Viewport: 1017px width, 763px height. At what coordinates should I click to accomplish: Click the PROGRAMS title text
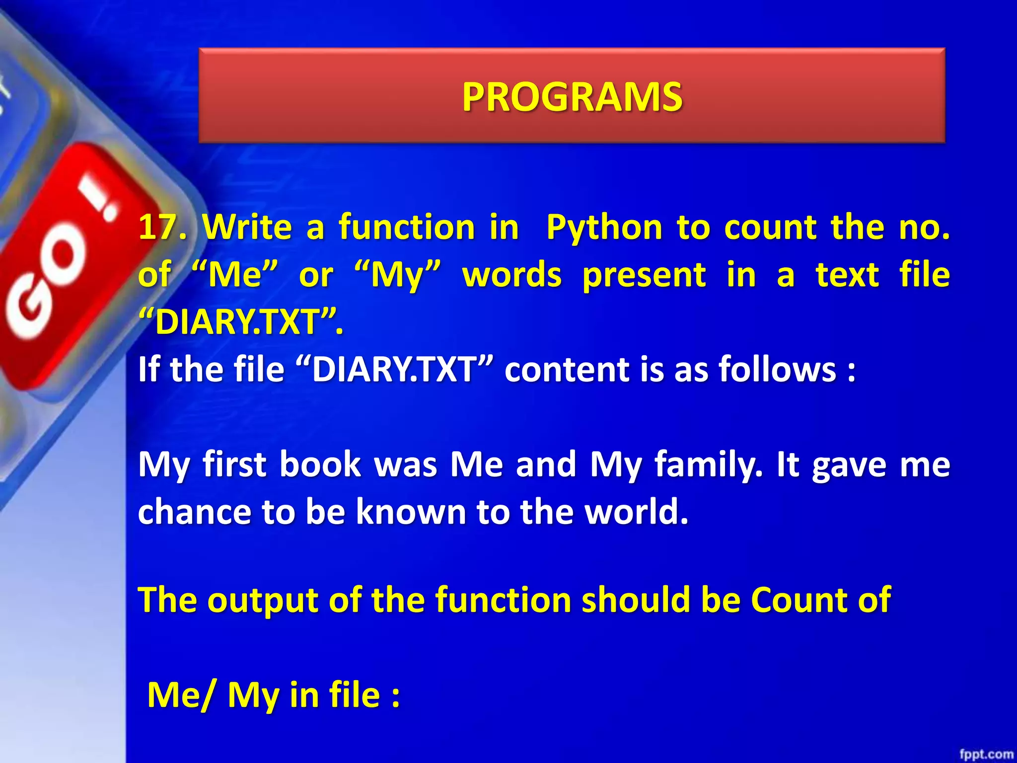(572, 96)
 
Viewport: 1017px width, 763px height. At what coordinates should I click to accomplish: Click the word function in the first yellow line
(407, 228)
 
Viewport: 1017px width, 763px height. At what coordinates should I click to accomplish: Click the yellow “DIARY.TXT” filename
(240, 322)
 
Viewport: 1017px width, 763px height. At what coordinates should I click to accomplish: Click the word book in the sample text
(320, 464)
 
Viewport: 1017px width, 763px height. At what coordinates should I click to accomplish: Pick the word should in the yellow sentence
(636, 600)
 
